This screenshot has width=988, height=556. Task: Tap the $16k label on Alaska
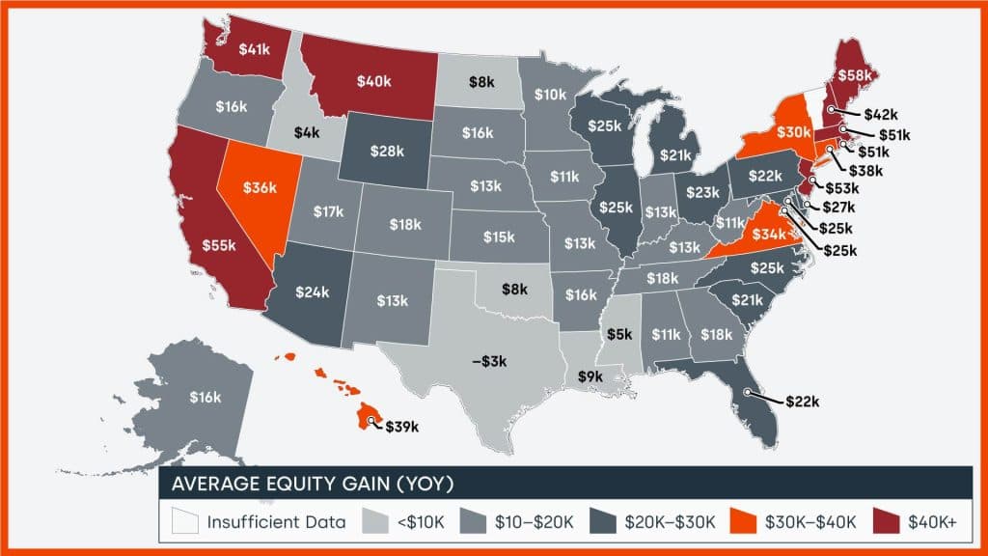(206, 397)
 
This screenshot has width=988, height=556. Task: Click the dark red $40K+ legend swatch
(888, 522)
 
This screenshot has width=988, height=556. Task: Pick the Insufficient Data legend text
(275, 522)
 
